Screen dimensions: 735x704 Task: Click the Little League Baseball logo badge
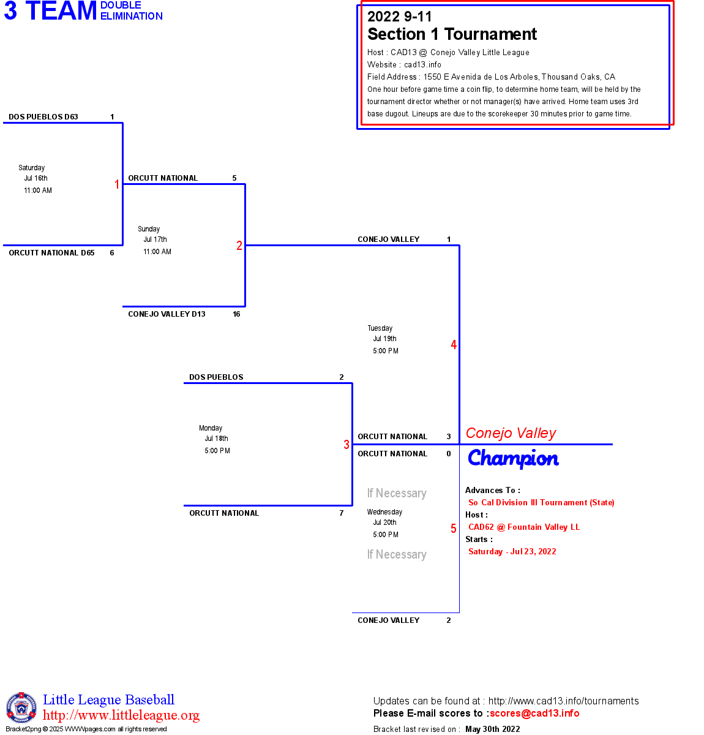click(21, 707)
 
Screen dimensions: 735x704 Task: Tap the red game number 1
click(117, 184)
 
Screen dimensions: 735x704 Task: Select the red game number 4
click(454, 345)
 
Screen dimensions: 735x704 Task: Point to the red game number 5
click(454, 529)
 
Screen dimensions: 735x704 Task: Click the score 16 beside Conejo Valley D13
click(236, 314)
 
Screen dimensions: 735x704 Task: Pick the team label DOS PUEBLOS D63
click(43, 117)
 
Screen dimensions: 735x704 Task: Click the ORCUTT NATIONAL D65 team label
click(51, 253)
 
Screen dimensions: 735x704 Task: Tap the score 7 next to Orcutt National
click(342, 513)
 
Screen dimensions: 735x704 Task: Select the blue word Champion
click(513, 459)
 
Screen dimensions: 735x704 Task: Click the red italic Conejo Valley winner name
click(511, 434)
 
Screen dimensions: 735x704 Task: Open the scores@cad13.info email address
click(534, 713)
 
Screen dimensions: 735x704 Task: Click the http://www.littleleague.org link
click(121, 715)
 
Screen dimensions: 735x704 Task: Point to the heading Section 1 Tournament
click(452, 34)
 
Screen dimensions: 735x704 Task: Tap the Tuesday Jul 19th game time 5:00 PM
click(386, 351)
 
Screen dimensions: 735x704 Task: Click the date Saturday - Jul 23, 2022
click(512, 552)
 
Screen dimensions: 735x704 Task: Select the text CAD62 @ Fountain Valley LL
click(524, 527)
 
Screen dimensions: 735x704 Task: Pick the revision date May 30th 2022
click(493, 729)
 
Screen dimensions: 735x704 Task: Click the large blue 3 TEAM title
click(50, 11)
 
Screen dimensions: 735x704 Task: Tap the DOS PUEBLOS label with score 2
click(216, 377)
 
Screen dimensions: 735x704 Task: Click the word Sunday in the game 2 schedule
click(149, 229)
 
